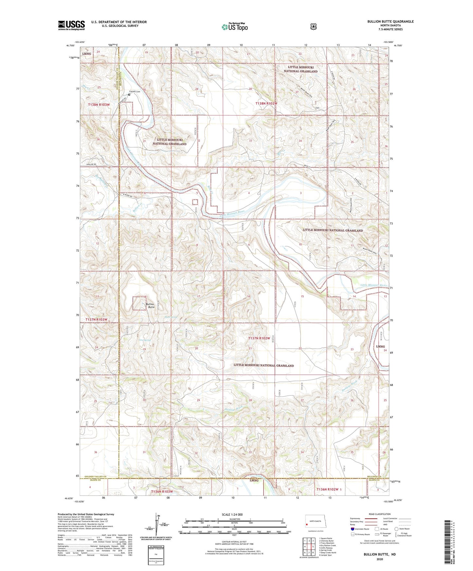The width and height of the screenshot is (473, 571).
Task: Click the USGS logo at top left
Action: (x=71, y=25)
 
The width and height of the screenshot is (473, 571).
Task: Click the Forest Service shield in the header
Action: (x=313, y=26)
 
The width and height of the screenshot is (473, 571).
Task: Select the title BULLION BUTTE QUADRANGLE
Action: (x=390, y=22)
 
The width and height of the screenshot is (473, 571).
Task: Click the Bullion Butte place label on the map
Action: (x=151, y=306)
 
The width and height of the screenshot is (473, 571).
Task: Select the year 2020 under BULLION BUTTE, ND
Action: (x=379, y=559)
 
